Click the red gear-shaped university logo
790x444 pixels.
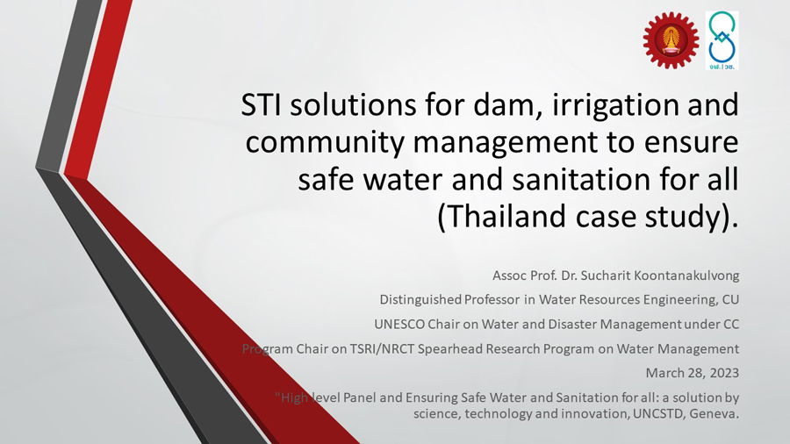(x=671, y=40)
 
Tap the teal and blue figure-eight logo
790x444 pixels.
(x=722, y=40)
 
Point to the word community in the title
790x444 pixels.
(x=325, y=143)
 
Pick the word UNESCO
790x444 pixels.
(x=399, y=324)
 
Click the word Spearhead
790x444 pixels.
(x=445, y=349)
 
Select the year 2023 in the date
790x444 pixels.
(x=724, y=373)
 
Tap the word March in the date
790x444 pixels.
(x=663, y=373)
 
